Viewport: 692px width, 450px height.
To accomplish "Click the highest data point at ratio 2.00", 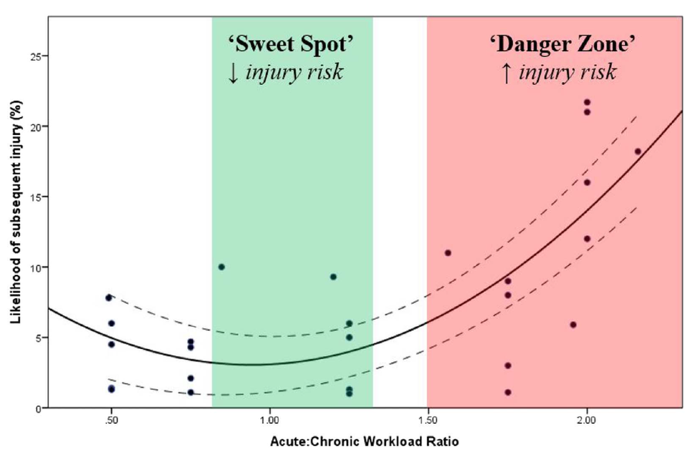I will pos(587,102).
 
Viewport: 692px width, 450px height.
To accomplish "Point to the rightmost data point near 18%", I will pos(637,151).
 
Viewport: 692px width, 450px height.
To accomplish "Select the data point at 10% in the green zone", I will pos(221,267).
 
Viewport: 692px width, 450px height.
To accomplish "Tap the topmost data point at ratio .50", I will pos(109,298).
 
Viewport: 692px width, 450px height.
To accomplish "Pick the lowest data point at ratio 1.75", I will pos(508,392).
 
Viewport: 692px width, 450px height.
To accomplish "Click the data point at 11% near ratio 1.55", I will pos(448,253).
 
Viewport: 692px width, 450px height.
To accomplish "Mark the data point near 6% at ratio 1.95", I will pos(572,324).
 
